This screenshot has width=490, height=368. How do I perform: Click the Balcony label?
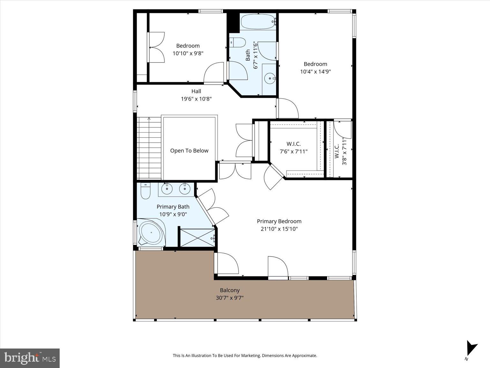click(230, 290)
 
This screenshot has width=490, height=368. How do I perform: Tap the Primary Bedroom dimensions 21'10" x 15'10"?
click(279, 229)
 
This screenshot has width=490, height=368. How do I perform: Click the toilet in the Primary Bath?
click(145, 191)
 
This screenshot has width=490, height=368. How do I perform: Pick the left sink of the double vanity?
click(167, 189)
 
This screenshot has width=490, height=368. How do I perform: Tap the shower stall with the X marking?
click(197, 237)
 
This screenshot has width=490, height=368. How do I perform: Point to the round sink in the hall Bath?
click(270, 78)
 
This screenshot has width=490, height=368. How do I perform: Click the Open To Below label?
click(189, 151)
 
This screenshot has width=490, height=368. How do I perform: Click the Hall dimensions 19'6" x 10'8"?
click(196, 99)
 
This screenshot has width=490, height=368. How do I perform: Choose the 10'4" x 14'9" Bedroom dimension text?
click(315, 72)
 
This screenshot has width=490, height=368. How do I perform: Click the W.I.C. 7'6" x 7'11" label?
click(293, 148)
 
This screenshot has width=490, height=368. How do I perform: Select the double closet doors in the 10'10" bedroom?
click(157, 47)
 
